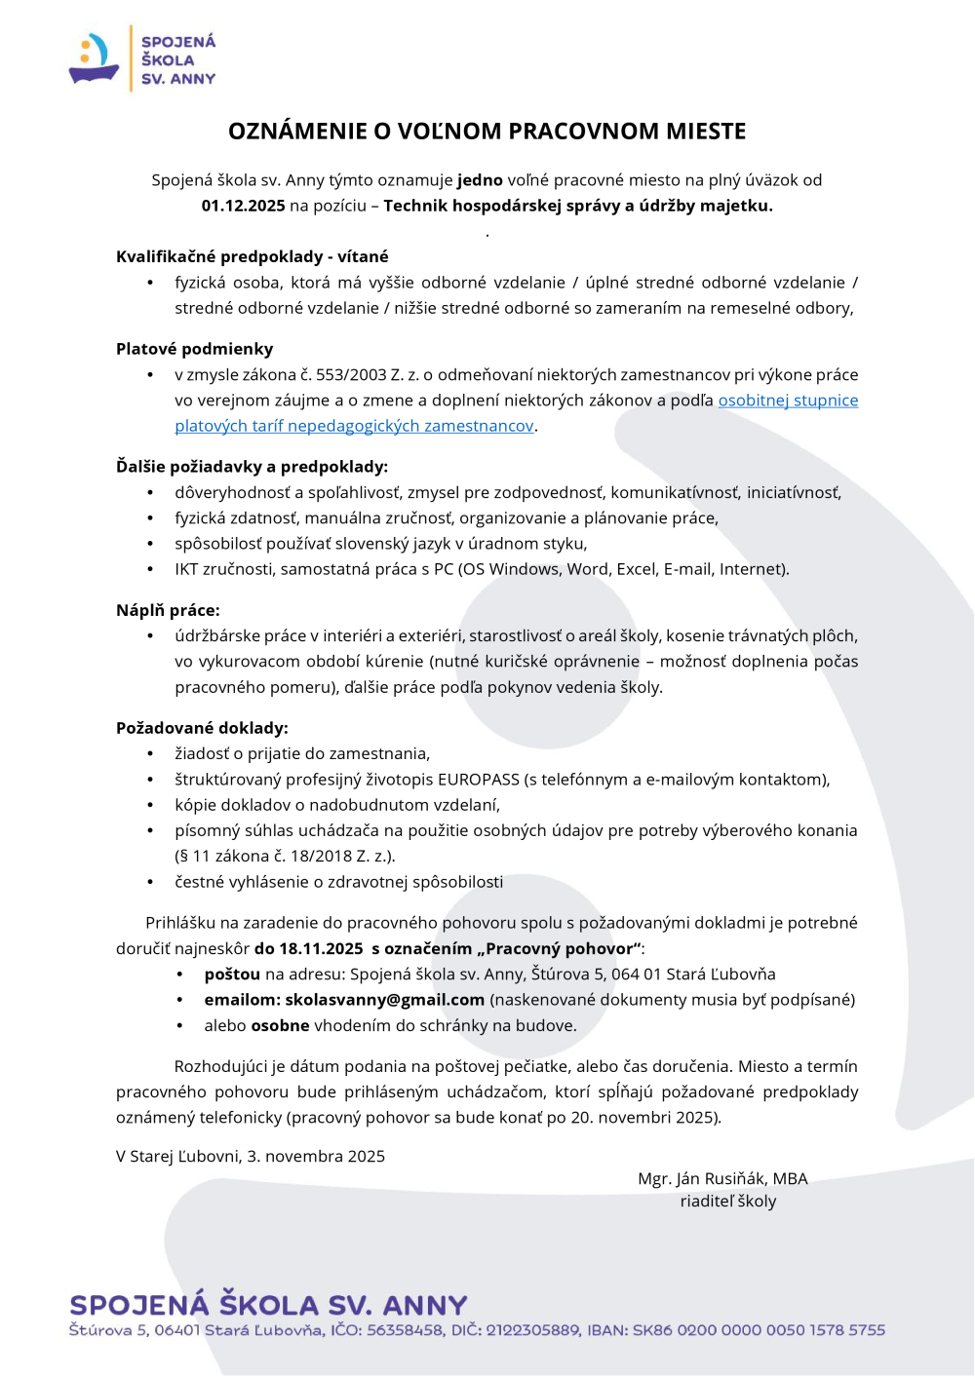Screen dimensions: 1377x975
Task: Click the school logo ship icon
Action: (x=95, y=59)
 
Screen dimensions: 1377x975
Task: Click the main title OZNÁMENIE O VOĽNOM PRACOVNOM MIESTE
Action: (x=487, y=132)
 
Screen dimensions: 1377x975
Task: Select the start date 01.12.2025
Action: (x=243, y=206)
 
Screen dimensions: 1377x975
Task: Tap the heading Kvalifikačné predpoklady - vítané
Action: (x=252, y=256)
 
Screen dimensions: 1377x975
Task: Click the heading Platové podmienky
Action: (x=194, y=349)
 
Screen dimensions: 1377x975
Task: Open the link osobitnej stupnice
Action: (x=788, y=401)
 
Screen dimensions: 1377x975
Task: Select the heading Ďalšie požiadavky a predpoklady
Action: (x=252, y=467)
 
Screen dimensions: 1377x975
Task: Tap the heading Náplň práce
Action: (x=168, y=610)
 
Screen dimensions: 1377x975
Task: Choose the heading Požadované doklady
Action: (x=202, y=728)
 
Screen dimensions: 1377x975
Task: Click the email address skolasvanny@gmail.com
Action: (x=384, y=1000)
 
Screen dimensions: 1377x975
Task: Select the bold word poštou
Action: (x=232, y=975)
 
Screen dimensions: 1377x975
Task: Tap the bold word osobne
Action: (x=280, y=1025)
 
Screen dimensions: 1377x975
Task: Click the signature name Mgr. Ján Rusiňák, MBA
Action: (x=722, y=1178)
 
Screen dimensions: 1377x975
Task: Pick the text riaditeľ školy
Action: (x=727, y=1202)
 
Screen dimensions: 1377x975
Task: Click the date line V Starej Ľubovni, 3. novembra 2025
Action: (x=251, y=1157)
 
